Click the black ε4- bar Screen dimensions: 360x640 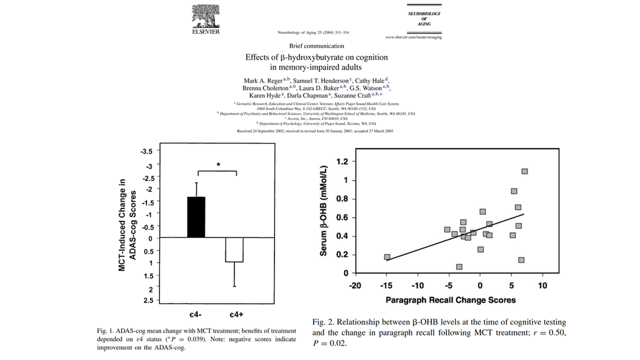197,217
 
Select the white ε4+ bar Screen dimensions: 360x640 234,250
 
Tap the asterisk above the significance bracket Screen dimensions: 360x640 218,165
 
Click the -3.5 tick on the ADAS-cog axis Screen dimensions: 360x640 146,152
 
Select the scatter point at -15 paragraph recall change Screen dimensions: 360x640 387,257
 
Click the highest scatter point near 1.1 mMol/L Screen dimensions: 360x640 524,171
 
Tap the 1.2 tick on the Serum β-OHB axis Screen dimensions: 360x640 342,162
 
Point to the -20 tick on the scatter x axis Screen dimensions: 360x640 355,286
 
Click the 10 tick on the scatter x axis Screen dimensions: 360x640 543,286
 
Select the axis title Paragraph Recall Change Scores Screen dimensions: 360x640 450,300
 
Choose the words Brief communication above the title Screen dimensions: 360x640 316,45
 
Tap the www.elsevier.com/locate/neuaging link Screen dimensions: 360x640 413,37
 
